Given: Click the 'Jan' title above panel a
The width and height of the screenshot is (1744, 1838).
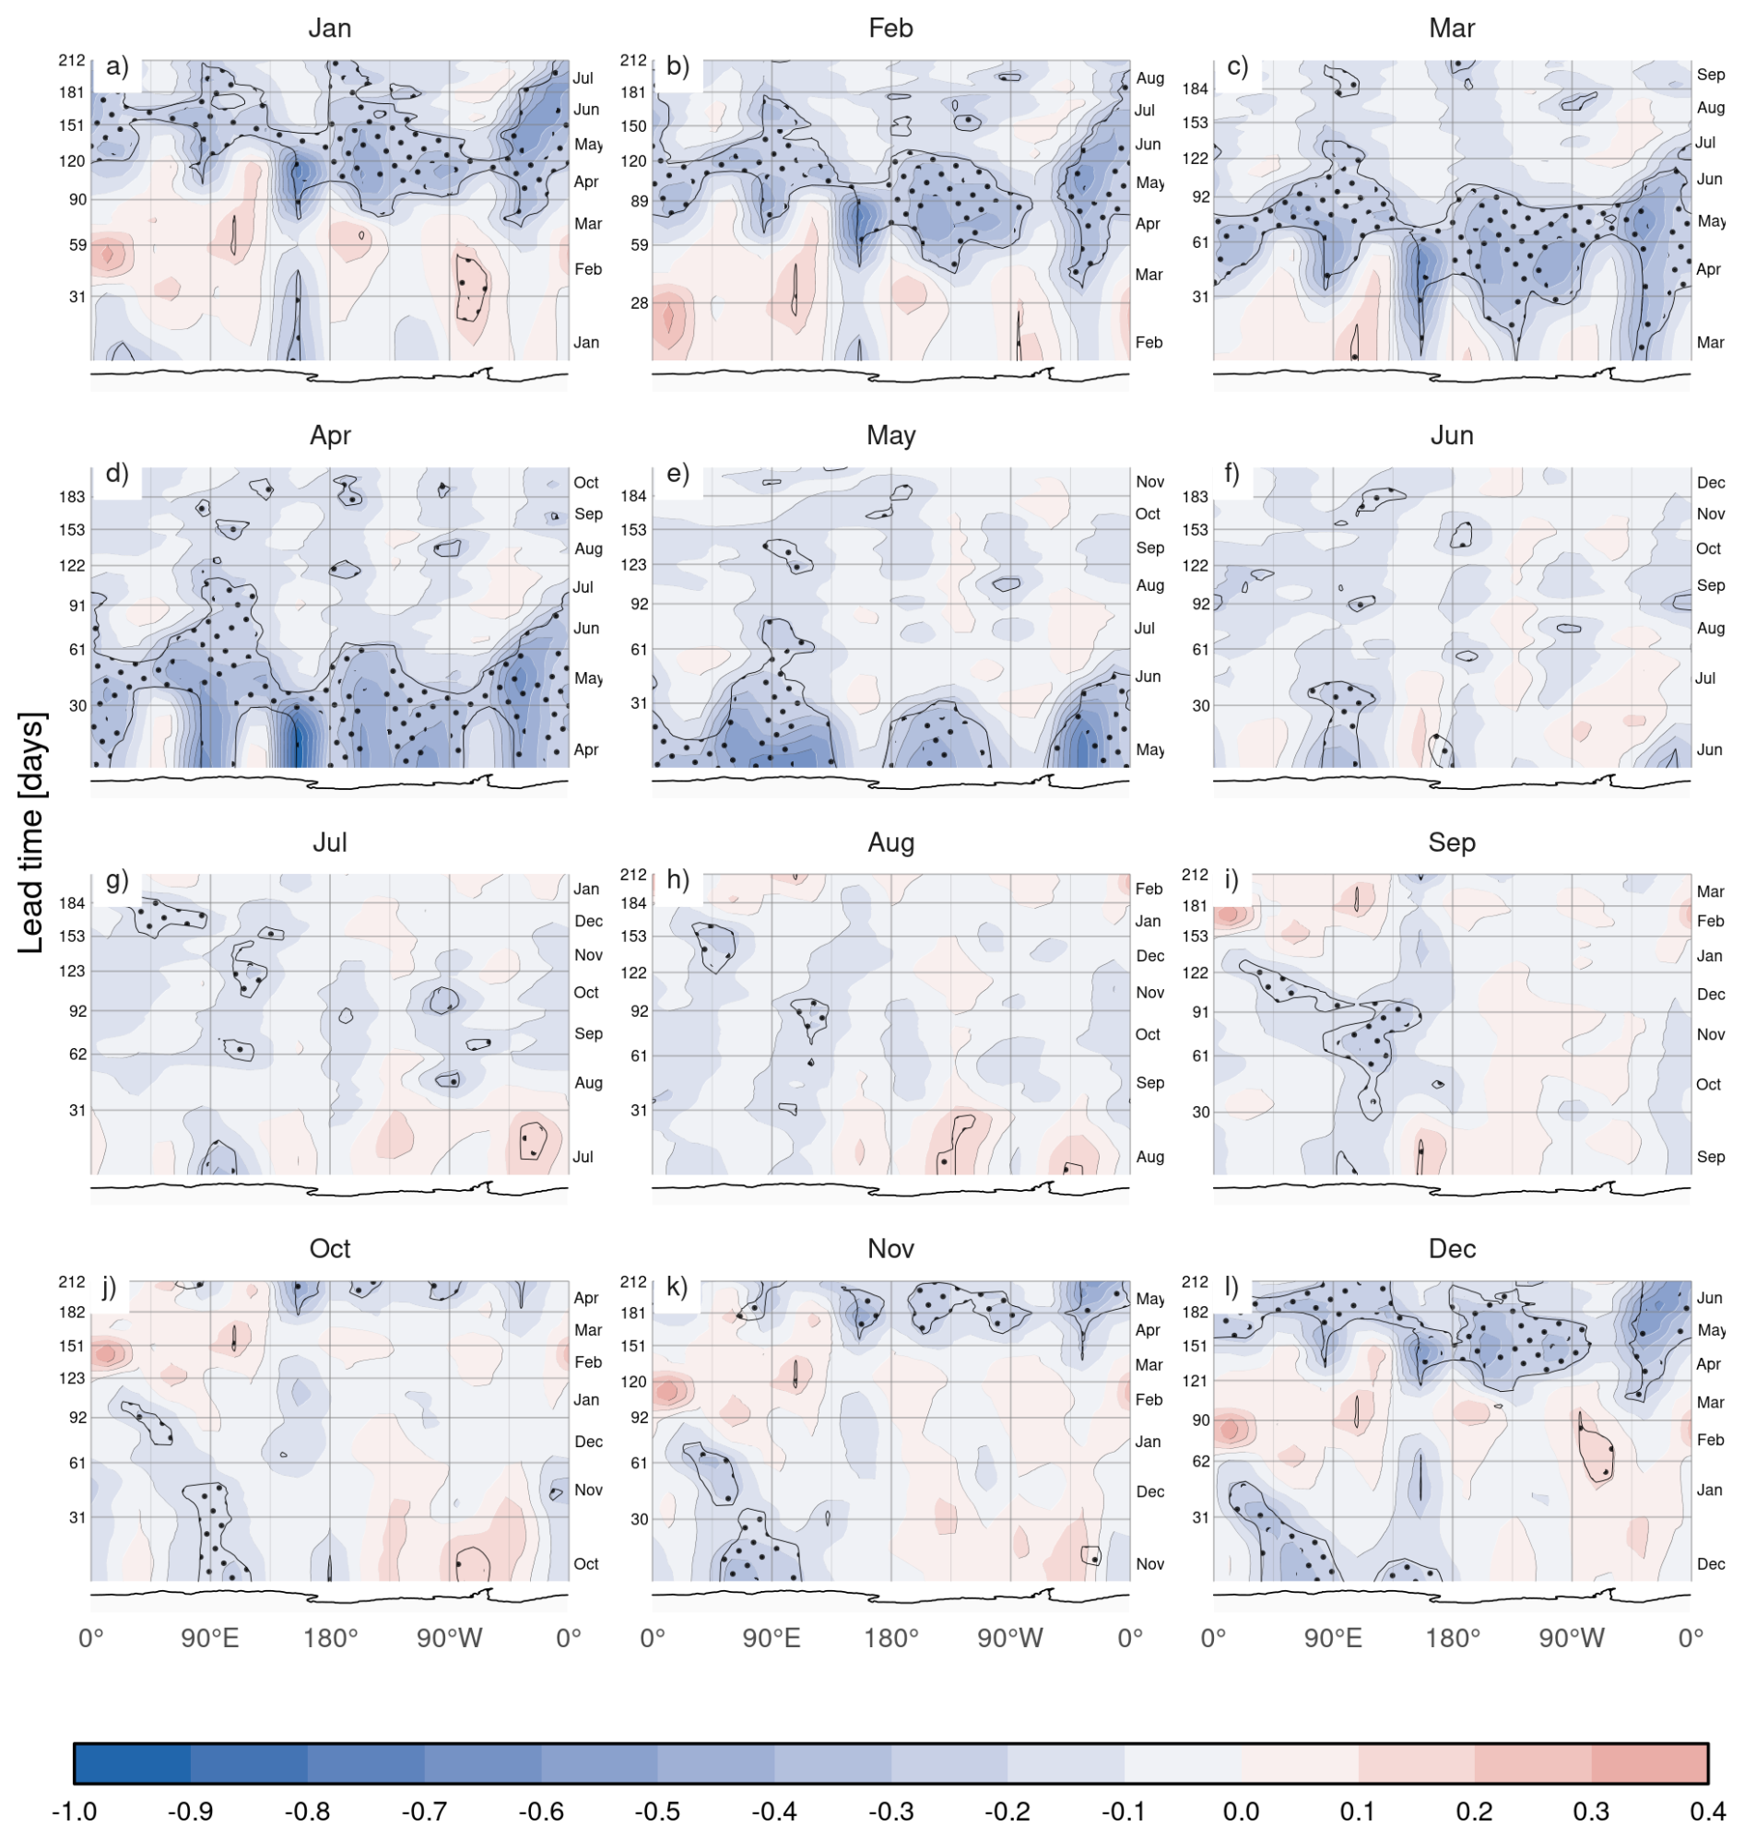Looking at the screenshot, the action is [x=330, y=28].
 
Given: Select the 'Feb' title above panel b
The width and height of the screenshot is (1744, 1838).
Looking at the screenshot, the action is [x=890, y=28].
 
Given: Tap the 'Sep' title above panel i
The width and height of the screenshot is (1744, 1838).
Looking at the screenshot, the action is [x=1452, y=842].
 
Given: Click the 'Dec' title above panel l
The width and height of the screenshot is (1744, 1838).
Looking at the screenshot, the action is [x=1452, y=1249].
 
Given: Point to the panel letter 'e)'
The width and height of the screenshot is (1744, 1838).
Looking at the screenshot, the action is [x=678, y=473].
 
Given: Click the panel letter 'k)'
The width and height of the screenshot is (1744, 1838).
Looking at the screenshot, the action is [x=678, y=1287].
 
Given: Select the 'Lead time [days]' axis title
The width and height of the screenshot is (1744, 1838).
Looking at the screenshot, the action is [x=31, y=833].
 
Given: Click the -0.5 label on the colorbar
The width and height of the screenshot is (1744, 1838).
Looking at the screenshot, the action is [x=659, y=1811].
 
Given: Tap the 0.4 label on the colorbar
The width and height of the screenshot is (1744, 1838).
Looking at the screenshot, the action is [x=1709, y=1811].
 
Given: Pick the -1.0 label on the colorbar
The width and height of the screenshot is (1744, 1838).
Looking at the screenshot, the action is [x=75, y=1811].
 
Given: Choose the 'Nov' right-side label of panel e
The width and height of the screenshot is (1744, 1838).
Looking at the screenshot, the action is [x=1150, y=481].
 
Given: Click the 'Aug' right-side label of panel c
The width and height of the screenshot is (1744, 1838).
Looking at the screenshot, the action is [x=1711, y=107].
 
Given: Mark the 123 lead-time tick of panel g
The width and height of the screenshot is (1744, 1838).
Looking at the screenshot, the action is [x=73, y=972].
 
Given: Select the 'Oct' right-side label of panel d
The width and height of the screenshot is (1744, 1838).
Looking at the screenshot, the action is [x=586, y=482].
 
